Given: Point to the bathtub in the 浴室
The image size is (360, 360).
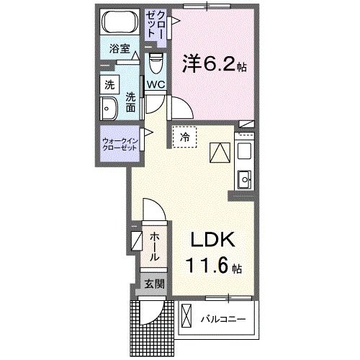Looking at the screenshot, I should [117, 23].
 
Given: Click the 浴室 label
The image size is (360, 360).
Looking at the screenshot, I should [119, 49].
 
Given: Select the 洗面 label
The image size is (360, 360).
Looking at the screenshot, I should [130, 102].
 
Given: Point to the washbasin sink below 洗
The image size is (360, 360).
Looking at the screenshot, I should [109, 110].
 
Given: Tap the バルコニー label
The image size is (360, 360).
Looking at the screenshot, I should [223, 317].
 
